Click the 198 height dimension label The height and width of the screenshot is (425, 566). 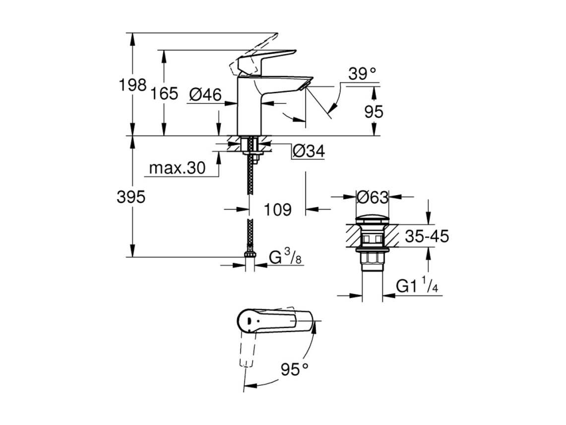(x=132, y=85)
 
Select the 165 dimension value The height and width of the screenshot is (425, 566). (x=164, y=94)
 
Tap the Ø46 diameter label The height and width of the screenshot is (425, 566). (x=205, y=95)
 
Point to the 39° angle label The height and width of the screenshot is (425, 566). (x=362, y=74)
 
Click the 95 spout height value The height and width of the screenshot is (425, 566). (x=374, y=112)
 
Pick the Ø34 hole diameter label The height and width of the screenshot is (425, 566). (x=309, y=151)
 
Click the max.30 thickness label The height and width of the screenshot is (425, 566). (x=177, y=168)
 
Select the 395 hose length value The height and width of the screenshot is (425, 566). (x=131, y=197)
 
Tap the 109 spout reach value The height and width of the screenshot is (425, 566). (x=278, y=210)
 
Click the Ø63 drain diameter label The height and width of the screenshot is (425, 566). (x=373, y=197)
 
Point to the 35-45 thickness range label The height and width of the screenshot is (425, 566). (x=427, y=236)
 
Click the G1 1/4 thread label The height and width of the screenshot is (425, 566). (x=417, y=285)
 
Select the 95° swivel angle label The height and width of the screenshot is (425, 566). (x=295, y=369)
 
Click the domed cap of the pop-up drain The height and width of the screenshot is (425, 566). (x=372, y=220)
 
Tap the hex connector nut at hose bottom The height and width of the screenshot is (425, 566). (x=250, y=254)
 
